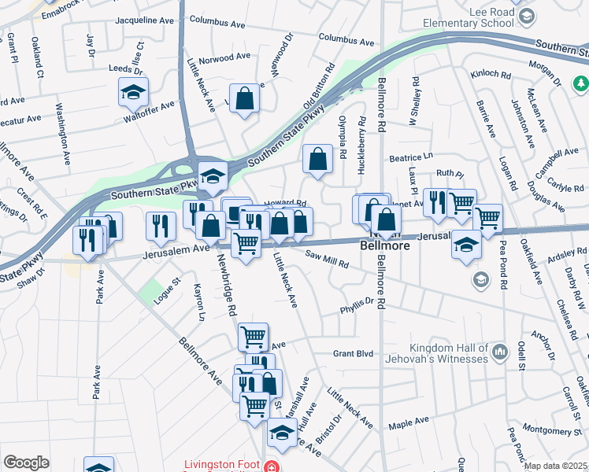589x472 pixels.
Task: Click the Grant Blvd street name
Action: [x=352, y=354]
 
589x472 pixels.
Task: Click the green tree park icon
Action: [x=581, y=83]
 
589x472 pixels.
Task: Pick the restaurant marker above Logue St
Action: [x=161, y=225]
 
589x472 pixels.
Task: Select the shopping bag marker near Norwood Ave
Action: [x=245, y=99]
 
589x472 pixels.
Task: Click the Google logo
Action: [x=26, y=463]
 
